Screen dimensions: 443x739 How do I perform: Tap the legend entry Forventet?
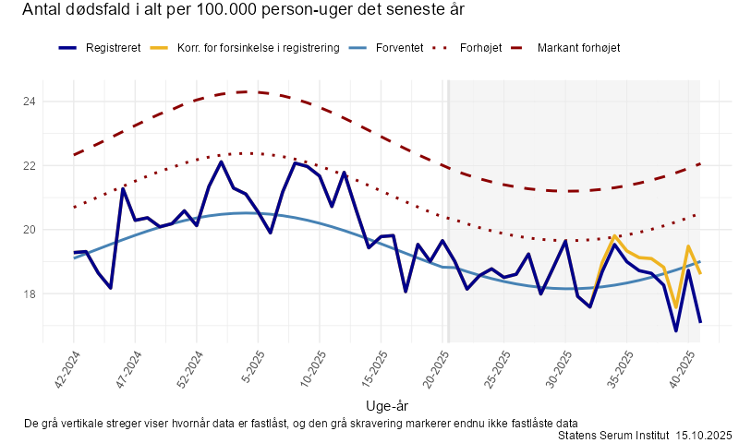(400, 47)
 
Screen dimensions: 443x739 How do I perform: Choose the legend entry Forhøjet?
(480, 47)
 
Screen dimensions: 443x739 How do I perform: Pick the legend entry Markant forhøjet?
(578, 47)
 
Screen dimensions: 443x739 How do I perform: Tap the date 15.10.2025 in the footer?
(704, 434)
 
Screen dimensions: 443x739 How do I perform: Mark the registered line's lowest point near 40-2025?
(676, 330)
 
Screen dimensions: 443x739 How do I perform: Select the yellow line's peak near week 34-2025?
(615, 236)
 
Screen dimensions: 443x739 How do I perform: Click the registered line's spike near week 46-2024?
(123, 188)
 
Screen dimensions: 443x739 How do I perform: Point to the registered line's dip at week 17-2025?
(406, 291)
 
